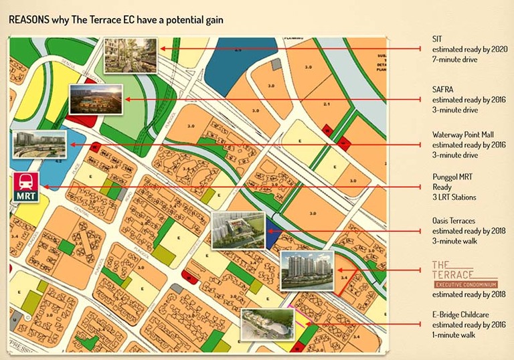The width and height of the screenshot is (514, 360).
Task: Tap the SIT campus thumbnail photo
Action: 131,55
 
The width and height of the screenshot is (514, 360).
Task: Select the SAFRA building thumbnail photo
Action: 96,100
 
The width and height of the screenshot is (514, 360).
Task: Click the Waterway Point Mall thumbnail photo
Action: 39,145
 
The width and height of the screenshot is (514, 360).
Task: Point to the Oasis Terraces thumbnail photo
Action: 238,230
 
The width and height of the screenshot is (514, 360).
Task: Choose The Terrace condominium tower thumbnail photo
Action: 306,270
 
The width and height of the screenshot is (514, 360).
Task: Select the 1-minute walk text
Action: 454,335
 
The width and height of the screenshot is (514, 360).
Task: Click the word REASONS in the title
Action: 27,20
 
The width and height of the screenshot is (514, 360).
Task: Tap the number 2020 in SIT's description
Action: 499,50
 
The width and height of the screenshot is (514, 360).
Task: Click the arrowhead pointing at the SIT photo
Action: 162,49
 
